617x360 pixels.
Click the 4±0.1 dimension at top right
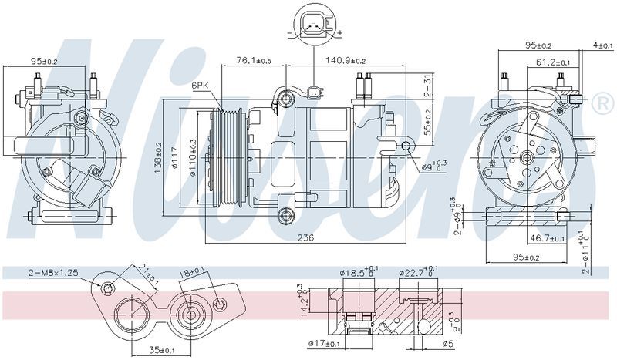602,45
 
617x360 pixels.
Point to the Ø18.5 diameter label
357,272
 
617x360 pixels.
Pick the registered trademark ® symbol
600,103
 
